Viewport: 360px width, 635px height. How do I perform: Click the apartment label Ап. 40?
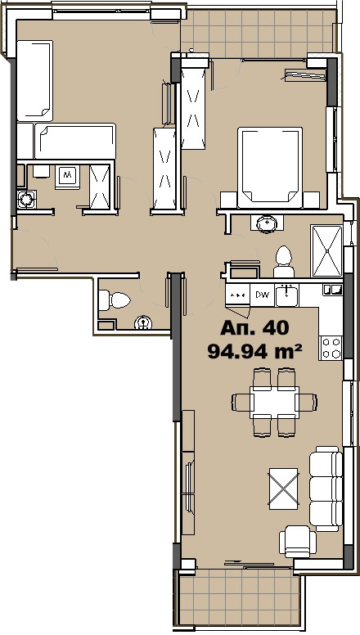[x=254, y=328]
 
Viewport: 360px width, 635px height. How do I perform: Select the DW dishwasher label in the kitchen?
[x=262, y=294]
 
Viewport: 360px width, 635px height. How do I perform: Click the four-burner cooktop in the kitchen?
[x=331, y=348]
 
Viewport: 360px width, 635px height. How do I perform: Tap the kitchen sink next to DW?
[x=286, y=293]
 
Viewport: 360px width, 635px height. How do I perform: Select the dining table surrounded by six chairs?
[x=274, y=401]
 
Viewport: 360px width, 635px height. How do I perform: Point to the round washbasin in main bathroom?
[x=265, y=222]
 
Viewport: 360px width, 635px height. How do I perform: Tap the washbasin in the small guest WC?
[x=145, y=324]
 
